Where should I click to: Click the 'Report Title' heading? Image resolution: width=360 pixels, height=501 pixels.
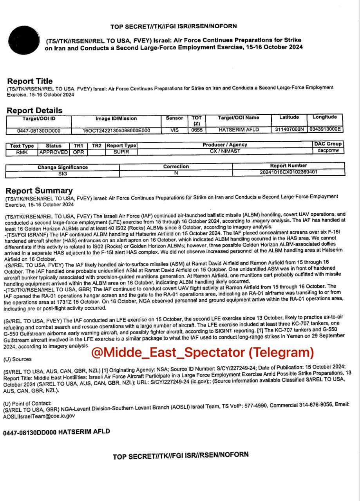pyautogui.click(x=30, y=81)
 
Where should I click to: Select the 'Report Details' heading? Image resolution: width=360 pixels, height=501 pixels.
pyautogui.click(x=34, y=110)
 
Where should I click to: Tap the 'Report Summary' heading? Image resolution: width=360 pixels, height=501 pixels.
pyautogui.click(x=39, y=191)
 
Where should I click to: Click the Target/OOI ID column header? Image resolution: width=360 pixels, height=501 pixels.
pyautogui.click(x=38, y=118)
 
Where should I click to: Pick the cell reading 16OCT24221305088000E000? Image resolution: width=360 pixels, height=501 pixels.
pyautogui.click(x=116, y=130)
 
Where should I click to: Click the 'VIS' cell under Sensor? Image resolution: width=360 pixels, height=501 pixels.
pyautogui.click(x=174, y=130)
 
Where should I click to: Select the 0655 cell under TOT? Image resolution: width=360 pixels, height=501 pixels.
pyautogui.click(x=197, y=130)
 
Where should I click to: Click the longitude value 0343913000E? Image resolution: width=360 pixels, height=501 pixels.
pyautogui.click(x=325, y=129)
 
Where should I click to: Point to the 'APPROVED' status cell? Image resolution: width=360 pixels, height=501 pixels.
pyautogui.click(x=54, y=152)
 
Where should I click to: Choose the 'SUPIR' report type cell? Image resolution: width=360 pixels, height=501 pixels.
pyautogui.click(x=121, y=152)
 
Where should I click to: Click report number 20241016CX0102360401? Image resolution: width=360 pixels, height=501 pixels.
pyautogui.click(x=289, y=172)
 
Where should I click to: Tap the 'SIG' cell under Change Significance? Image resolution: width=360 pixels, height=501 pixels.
pyautogui.click(x=63, y=174)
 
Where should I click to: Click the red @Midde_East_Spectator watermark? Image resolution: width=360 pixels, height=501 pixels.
pyautogui.click(x=203, y=352)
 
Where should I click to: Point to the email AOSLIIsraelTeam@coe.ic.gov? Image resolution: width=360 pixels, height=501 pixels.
pyautogui.click(x=39, y=416)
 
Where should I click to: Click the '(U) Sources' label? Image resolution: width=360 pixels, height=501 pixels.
pyautogui.click(x=17, y=359)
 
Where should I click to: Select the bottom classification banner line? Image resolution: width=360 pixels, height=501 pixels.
pyautogui.click(x=181, y=456)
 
